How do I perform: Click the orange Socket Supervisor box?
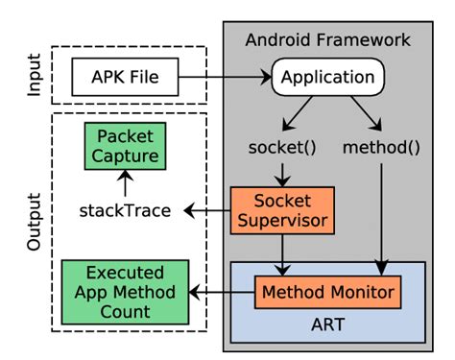pos(280,211)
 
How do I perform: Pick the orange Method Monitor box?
pos(326,289)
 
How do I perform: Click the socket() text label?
pos(280,150)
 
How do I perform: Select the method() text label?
pos(381,150)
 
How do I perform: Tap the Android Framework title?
pos(327,40)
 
